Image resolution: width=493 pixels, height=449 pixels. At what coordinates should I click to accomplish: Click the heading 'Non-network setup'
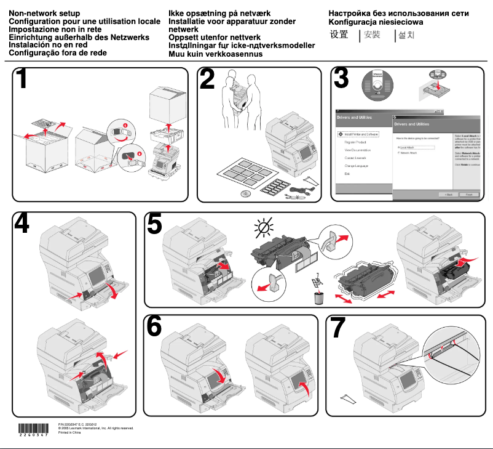(x=44, y=13)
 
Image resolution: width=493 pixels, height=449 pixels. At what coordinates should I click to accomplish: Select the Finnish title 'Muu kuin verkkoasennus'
(x=215, y=54)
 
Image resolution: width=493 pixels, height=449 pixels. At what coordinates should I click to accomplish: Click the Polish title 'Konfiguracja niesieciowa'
(x=376, y=22)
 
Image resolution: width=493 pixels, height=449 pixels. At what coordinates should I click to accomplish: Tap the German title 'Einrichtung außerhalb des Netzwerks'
(x=79, y=38)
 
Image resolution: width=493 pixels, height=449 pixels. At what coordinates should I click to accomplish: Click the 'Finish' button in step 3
(x=468, y=194)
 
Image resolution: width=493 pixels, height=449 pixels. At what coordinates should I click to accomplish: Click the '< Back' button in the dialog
(x=447, y=194)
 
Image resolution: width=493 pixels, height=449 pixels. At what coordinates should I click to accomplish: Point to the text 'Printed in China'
(x=69, y=433)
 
